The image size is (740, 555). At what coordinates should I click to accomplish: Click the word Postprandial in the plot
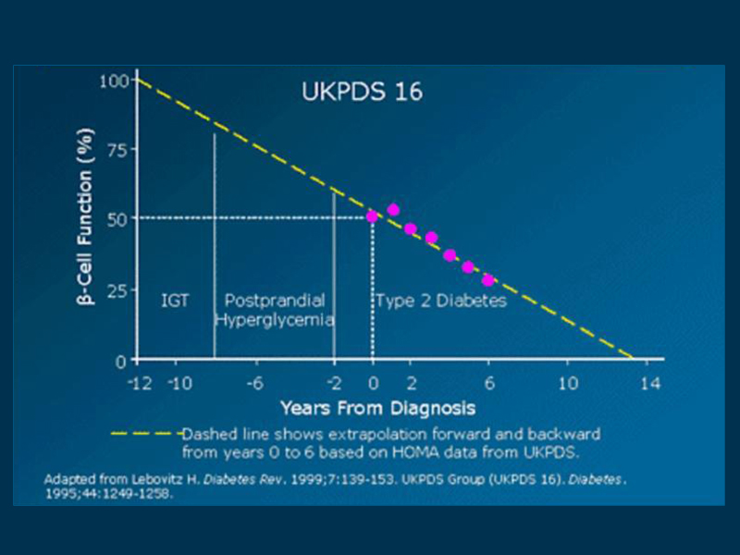[x=275, y=301]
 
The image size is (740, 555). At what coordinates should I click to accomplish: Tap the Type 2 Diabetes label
[x=440, y=302]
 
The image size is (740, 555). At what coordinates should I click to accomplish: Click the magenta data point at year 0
[x=372, y=216]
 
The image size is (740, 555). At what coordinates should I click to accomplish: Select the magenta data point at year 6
[x=488, y=279]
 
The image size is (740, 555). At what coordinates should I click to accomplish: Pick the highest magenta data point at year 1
[x=393, y=210]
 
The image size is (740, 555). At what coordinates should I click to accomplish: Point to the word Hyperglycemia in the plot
[x=275, y=319]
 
